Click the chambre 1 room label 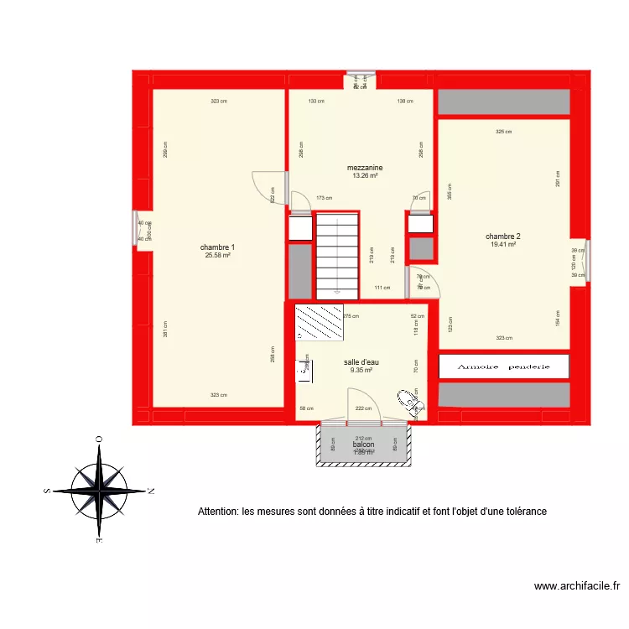[217, 247]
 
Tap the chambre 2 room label [503, 237]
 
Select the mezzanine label [365, 168]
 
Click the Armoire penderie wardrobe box [504, 366]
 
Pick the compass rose [99, 491]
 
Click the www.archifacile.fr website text [576, 587]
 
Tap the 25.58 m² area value [217, 256]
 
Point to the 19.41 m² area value [503, 245]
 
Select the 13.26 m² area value [365, 176]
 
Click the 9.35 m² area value [361, 370]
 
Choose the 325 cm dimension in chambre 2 [503, 132]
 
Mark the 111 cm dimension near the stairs [382, 288]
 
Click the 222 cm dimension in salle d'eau [363, 408]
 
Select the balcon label [363, 444]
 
